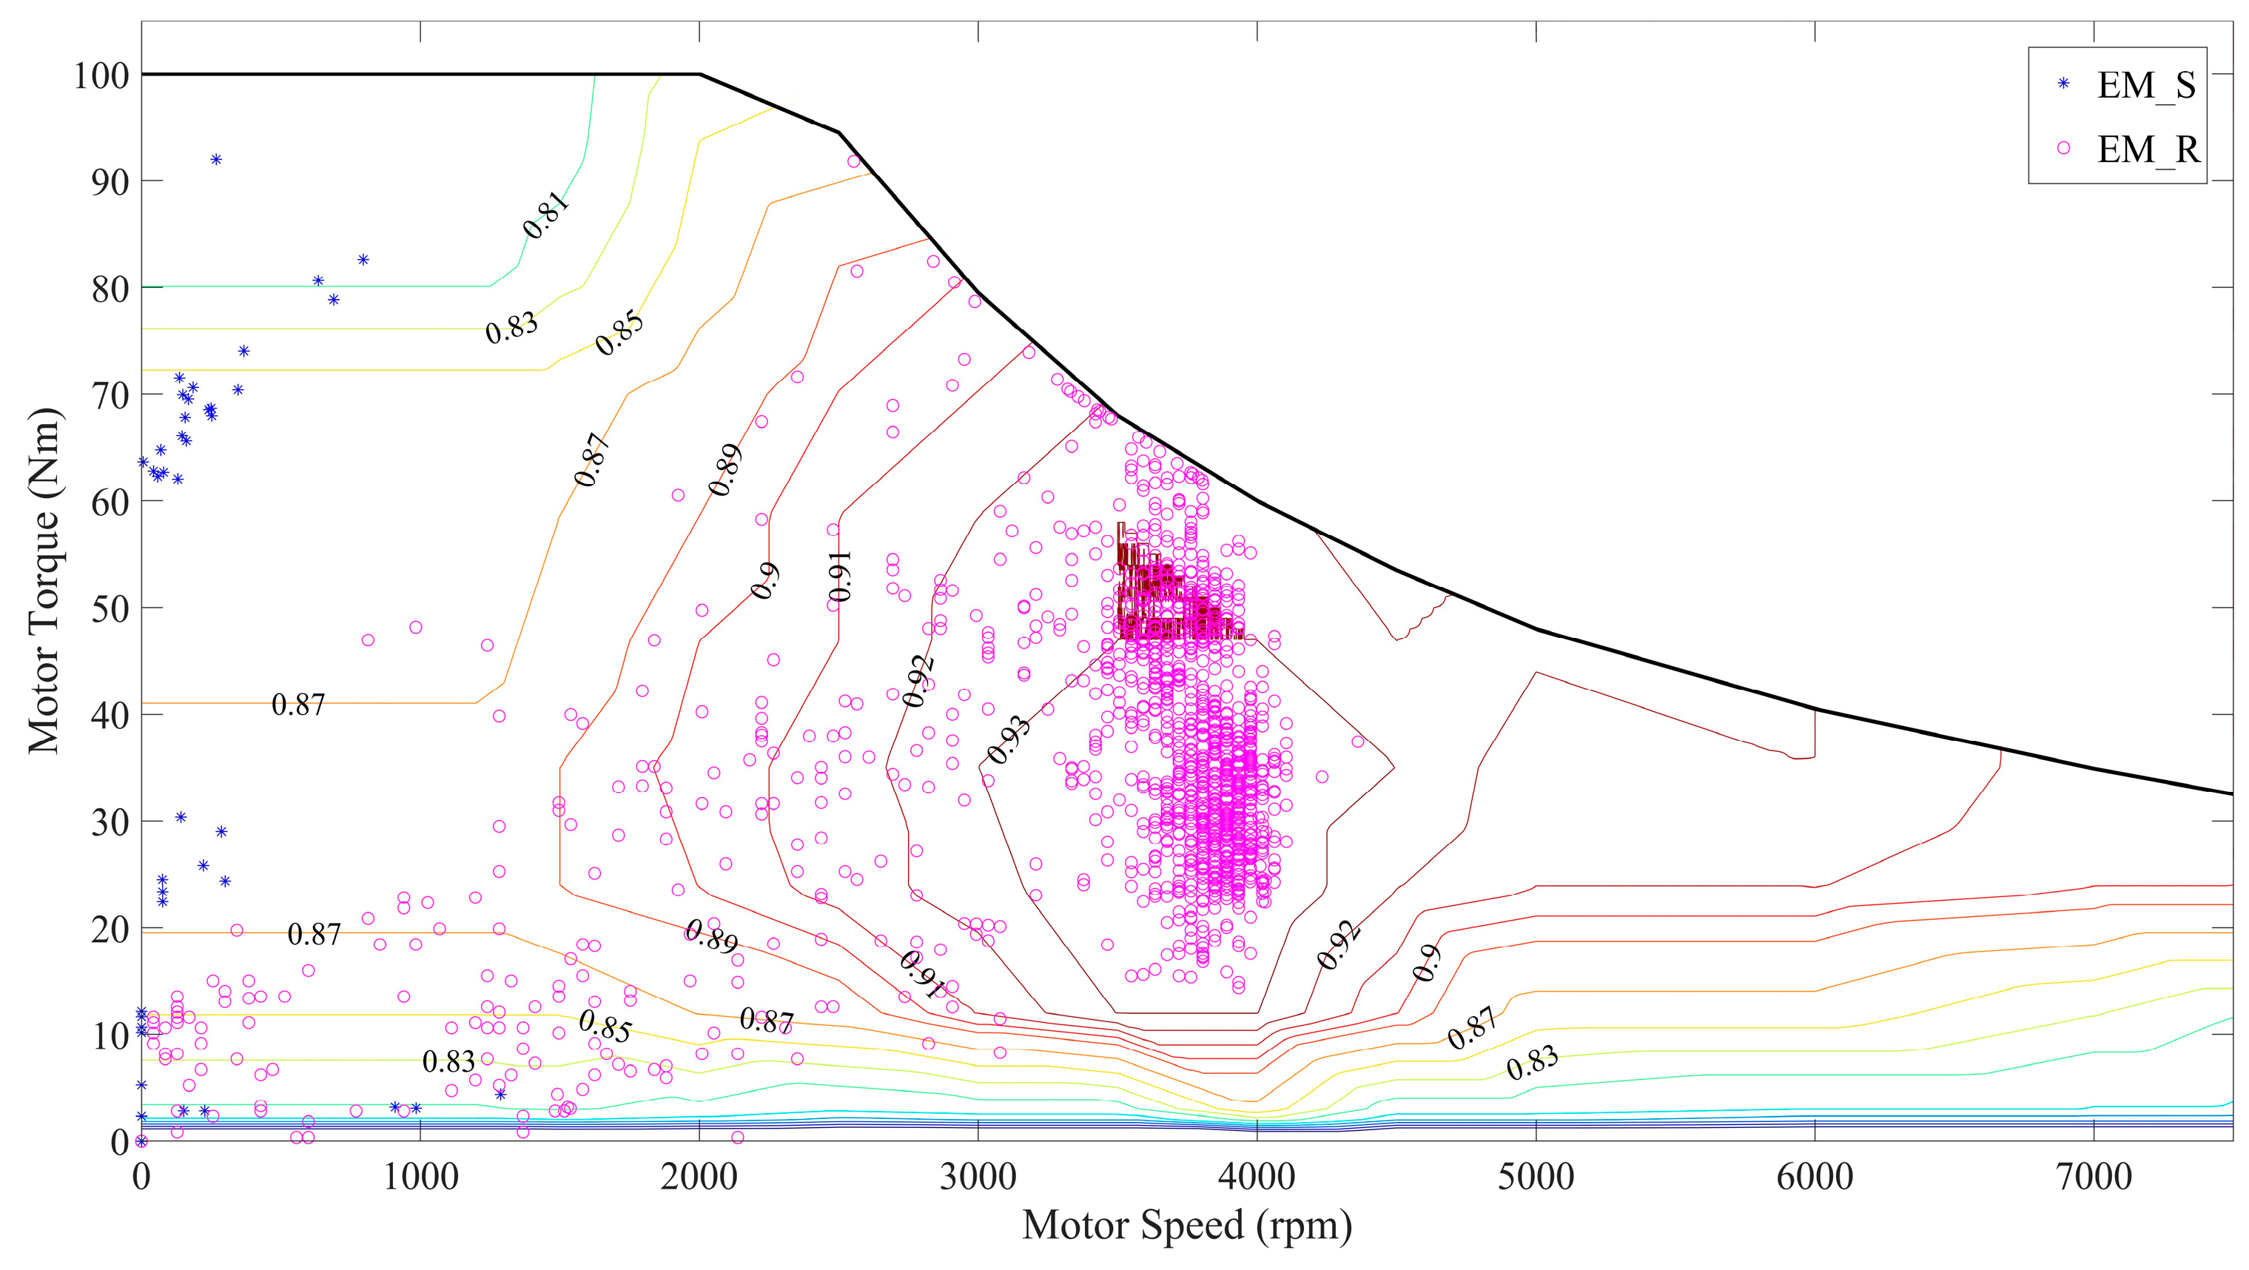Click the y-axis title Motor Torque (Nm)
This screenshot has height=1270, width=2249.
tap(44, 580)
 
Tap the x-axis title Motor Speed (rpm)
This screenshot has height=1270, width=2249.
tap(1186, 1226)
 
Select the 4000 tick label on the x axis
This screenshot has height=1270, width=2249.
tap(1257, 1177)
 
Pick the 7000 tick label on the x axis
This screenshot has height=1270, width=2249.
tap(2094, 1177)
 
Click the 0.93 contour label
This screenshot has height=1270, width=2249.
tap(1009, 740)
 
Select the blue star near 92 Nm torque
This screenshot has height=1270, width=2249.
tap(215, 159)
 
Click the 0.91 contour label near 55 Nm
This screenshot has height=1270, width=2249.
tap(840, 576)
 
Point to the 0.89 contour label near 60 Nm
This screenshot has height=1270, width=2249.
tap(725, 470)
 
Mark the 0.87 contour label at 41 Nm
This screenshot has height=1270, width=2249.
tap(298, 705)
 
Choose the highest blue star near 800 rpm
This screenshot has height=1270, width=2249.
tap(363, 259)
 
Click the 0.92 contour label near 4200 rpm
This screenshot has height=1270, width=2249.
tap(1339, 944)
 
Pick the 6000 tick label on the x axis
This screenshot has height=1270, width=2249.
tap(1815, 1177)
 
